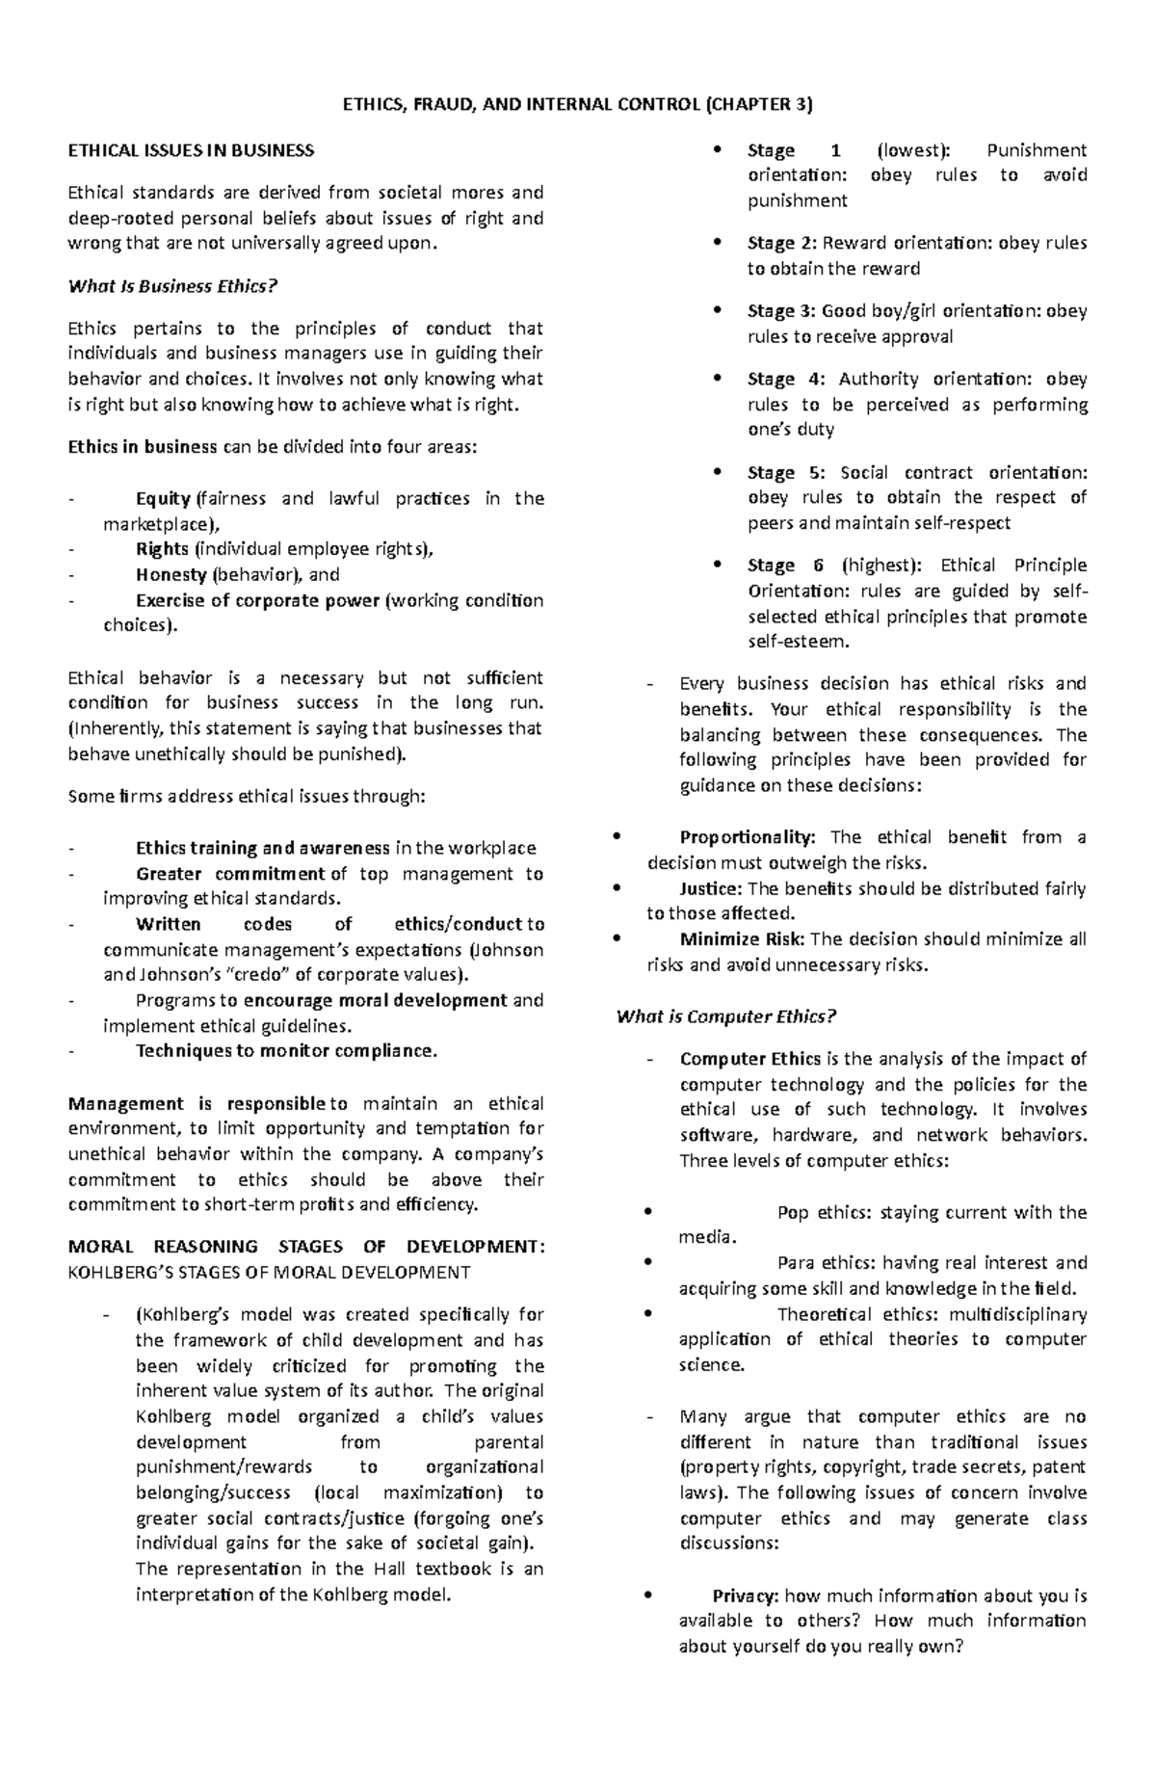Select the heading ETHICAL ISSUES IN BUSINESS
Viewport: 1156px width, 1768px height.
(191, 150)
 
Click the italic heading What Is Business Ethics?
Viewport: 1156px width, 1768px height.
(172, 286)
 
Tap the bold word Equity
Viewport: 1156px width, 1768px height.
(163, 498)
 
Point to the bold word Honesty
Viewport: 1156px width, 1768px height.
(171, 574)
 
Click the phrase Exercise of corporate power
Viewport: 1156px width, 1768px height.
(257, 600)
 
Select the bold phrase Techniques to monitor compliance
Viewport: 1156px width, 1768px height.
(286, 1050)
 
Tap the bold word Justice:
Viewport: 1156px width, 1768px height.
(711, 888)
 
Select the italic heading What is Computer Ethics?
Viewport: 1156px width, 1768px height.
(726, 1016)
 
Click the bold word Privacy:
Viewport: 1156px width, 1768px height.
(747, 1596)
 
